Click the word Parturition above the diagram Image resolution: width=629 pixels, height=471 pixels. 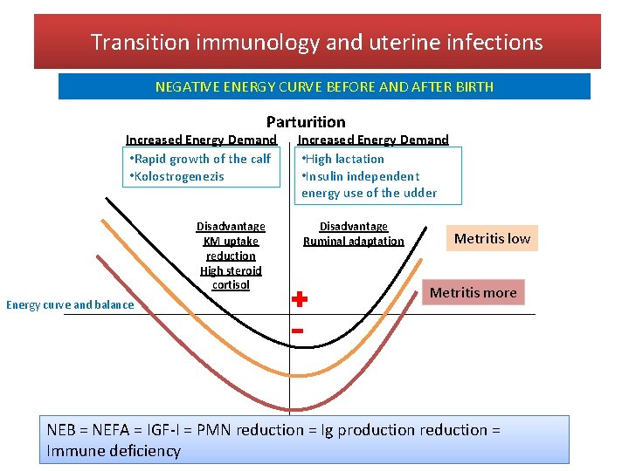coord(306,122)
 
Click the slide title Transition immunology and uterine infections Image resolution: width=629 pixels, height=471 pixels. coord(316,42)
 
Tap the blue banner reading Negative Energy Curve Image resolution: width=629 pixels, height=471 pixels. coord(324,86)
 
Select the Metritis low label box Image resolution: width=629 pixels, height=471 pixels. coord(492,238)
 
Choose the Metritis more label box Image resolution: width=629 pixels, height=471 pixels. coord(473,292)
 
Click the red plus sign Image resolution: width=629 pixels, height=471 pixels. coord(299,299)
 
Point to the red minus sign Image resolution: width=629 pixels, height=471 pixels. coord(297,331)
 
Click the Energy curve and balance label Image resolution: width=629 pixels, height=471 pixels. coord(70,304)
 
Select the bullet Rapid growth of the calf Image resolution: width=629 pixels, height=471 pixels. coord(200,159)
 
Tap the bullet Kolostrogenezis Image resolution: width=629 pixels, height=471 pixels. coord(176,176)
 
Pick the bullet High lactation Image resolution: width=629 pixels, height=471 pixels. coord(342,159)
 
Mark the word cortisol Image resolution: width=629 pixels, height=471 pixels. coord(231,284)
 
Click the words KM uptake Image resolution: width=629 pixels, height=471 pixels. coord(231,241)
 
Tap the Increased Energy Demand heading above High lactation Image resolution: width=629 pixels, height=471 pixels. coord(373,140)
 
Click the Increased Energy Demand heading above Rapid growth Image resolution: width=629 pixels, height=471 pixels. coord(201,140)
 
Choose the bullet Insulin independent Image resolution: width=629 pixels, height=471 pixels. coord(360,176)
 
